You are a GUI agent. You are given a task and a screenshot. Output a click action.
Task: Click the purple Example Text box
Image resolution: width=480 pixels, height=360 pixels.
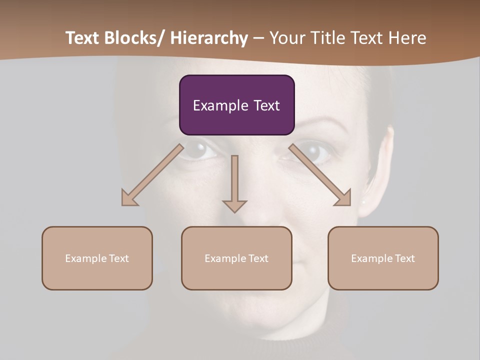[236, 105]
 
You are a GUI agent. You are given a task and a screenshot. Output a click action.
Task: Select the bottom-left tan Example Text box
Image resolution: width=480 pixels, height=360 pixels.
[97, 258]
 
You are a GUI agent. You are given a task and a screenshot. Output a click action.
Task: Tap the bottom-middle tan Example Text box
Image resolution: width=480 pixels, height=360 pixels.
[236, 258]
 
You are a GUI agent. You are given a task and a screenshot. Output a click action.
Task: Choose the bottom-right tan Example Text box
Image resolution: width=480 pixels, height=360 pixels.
[383, 258]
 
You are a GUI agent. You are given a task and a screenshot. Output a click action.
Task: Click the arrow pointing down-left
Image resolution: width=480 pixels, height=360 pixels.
[152, 175]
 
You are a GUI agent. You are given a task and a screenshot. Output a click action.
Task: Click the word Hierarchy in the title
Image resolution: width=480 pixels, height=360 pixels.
[209, 38]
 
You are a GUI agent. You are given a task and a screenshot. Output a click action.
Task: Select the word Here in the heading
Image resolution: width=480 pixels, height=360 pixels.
[407, 38]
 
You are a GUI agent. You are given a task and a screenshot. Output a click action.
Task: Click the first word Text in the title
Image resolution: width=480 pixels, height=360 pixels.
[82, 38]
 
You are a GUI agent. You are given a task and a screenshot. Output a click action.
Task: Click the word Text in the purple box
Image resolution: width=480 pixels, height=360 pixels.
[266, 105]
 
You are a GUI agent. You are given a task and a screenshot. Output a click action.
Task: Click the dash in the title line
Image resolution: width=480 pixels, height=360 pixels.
[258, 38]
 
